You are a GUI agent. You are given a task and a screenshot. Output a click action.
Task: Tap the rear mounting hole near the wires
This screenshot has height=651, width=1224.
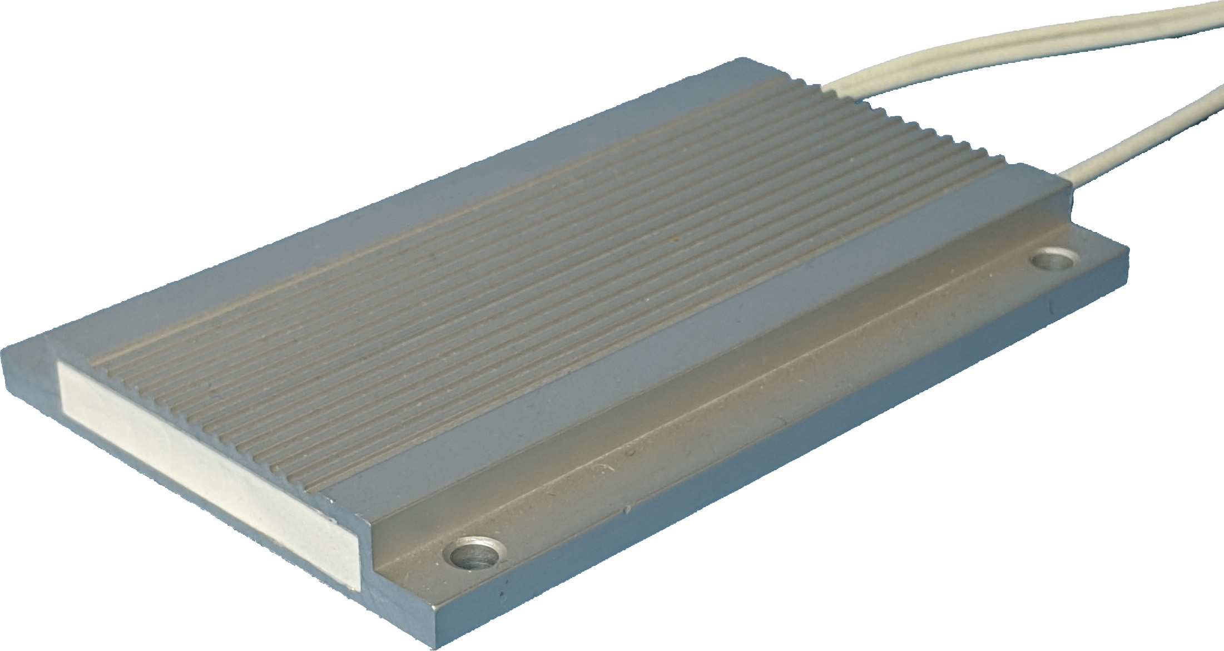click(x=1053, y=259)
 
